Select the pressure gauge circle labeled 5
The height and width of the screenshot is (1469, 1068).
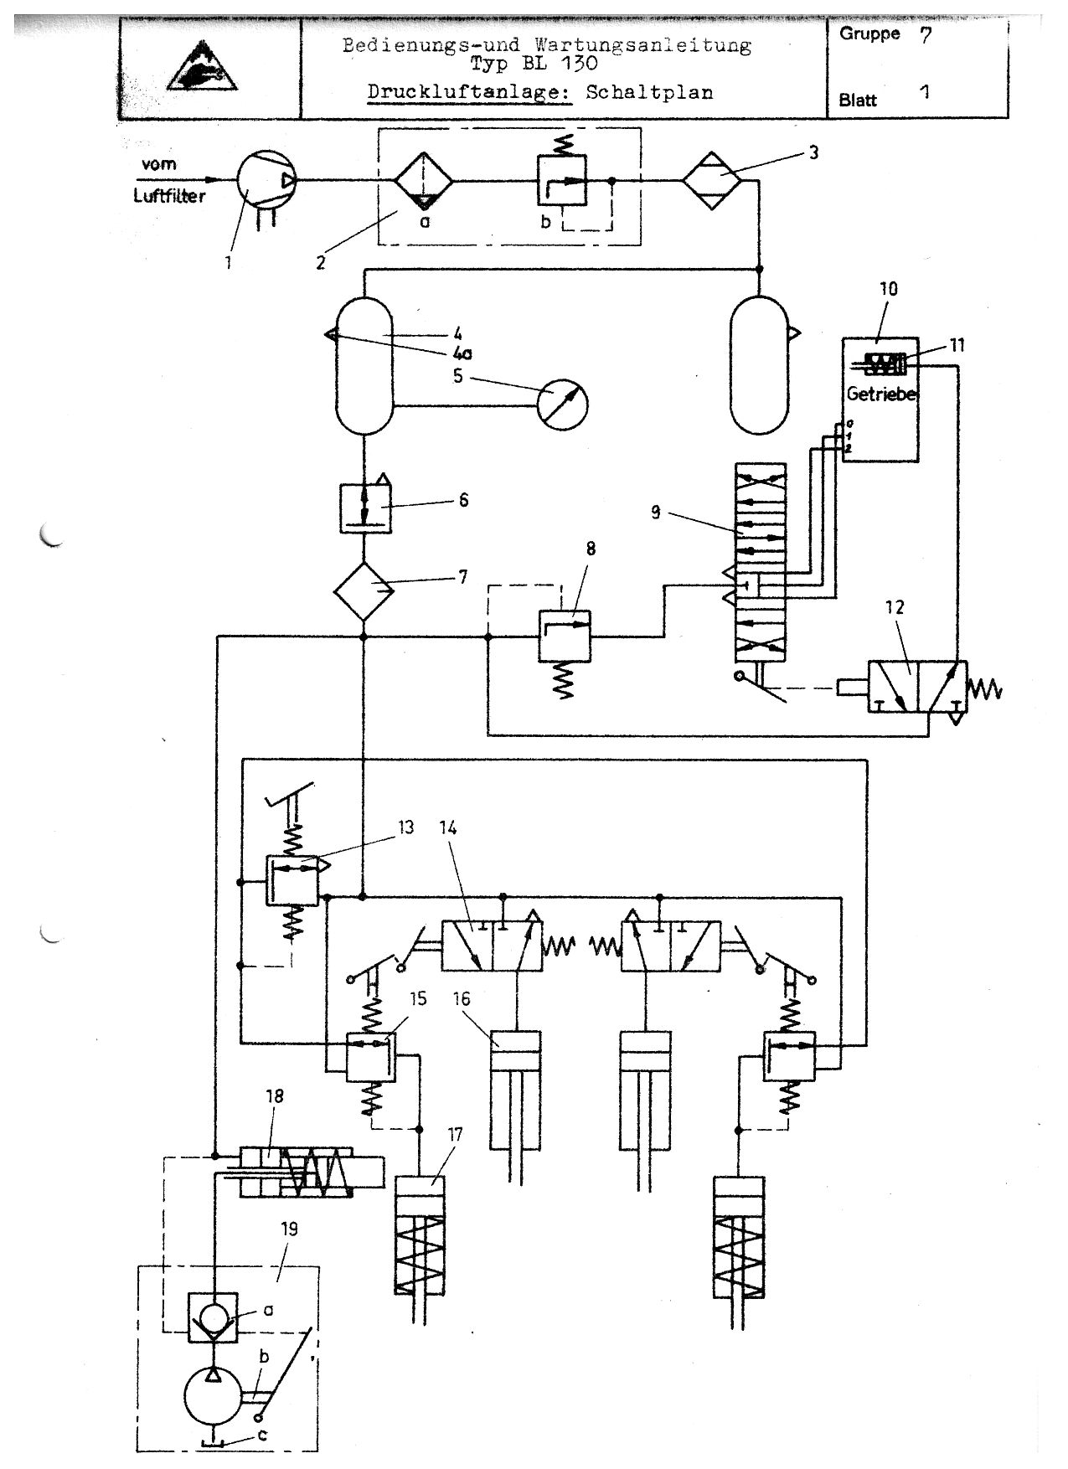pyautogui.click(x=563, y=405)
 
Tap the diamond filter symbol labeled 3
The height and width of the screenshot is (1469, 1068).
pyautogui.click(x=711, y=179)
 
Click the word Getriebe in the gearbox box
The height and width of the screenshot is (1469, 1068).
pyautogui.click(x=880, y=394)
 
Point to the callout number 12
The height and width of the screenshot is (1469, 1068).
pyautogui.click(x=895, y=607)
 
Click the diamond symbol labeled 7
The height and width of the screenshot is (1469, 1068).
pyautogui.click(x=364, y=591)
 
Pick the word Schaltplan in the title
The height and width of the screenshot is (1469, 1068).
pyautogui.click(x=649, y=93)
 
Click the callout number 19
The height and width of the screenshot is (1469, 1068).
pyautogui.click(x=290, y=1229)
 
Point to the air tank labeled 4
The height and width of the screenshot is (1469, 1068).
pyautogui.click(x=364, y=366)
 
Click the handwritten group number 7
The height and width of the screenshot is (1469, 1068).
pyautogui.click(x=926, y=37)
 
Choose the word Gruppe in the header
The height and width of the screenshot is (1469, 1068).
pyautogui.click(x=869, y=34)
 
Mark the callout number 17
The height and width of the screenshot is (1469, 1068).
pyautogui.click(x=455, y=1136)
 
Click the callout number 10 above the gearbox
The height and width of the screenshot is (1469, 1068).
pyautogui.click(x=888, y=289)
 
